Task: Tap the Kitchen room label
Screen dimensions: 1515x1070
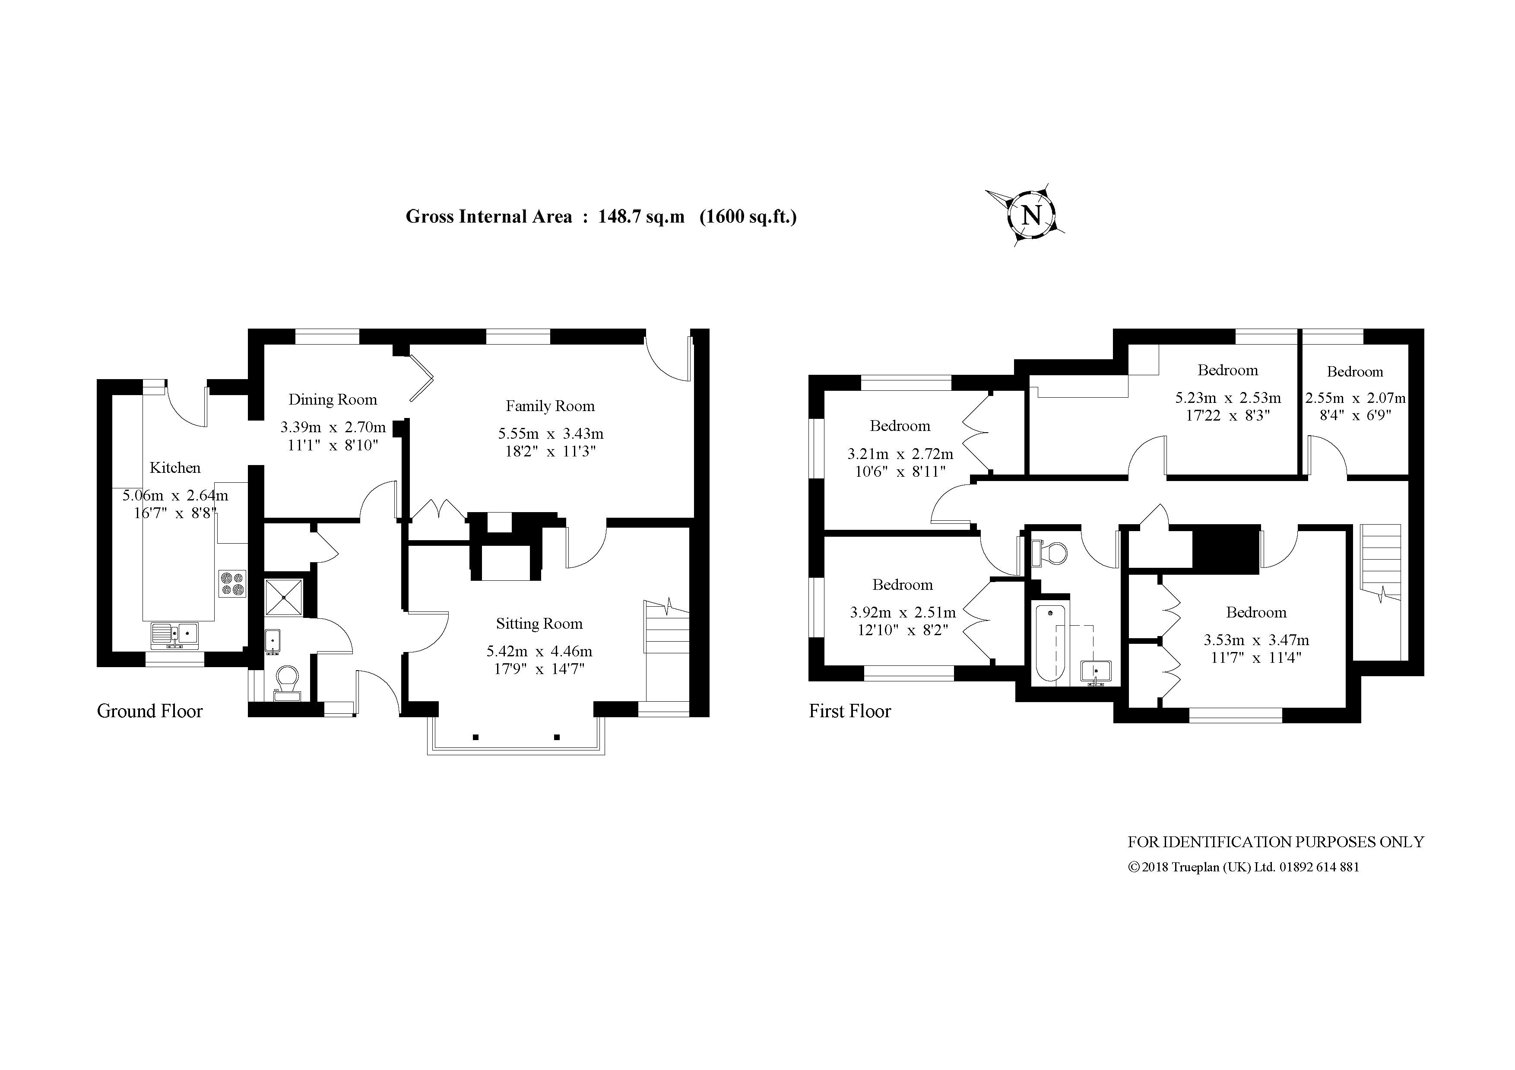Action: [x=175, y=468]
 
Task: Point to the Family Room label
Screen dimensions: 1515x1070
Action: [x=550, y=406]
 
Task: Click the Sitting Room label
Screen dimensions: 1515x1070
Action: [x=539, y=624]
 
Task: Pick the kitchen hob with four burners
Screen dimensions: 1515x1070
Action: [x=232, y=584]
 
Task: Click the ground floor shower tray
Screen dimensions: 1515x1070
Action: [x=284, y=597]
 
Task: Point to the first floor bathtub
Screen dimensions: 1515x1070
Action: [x=1050, y=643]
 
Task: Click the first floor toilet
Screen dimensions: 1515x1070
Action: [x=1049, y=553]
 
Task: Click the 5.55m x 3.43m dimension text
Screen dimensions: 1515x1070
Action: [x=551, y=434]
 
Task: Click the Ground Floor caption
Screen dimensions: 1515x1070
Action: [x=150, y=711]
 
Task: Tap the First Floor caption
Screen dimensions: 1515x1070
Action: [x=850, y=711]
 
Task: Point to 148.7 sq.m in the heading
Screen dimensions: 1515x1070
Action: [x=641, y=217]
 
